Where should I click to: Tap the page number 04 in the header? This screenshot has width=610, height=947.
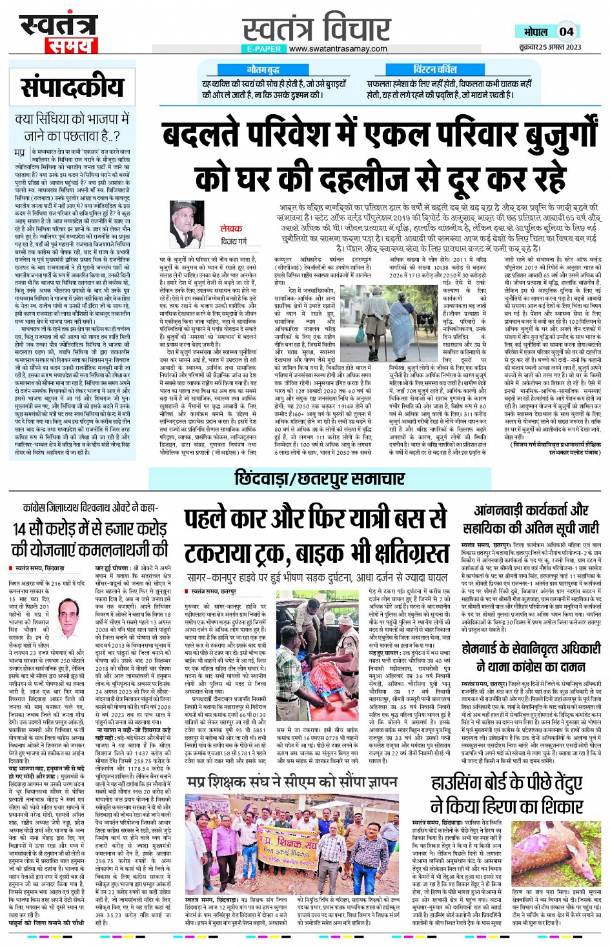tap(566, 32)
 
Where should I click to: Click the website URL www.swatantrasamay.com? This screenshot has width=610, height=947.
tap(338, 49)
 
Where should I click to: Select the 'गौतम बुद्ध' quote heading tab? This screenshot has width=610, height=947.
tap(263, 69)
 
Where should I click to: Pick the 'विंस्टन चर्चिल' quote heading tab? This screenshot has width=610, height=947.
tap(434, 69)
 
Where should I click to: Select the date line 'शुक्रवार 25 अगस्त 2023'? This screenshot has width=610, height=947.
tap(550, 47)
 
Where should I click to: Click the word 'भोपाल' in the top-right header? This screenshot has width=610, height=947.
tap(535, 32)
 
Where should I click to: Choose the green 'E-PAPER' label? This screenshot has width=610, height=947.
tap(264, 49)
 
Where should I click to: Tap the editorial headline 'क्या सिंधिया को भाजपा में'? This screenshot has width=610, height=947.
tap(72, 119)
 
